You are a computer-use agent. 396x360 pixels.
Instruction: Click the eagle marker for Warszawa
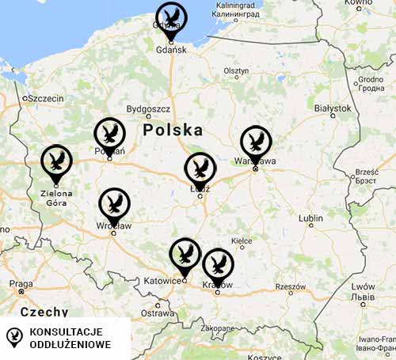(255, 142)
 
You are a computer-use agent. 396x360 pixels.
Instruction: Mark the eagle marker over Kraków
(218, 264)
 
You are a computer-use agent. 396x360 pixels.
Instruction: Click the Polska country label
(173, 130)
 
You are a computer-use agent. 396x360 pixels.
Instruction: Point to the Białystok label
(333, 108)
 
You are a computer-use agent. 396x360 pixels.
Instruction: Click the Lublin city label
(311, 218)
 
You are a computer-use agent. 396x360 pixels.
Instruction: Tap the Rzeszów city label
(290, 286)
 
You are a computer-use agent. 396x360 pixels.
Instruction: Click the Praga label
(21, 283)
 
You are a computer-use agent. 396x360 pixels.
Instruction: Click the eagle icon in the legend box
(13, 335)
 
